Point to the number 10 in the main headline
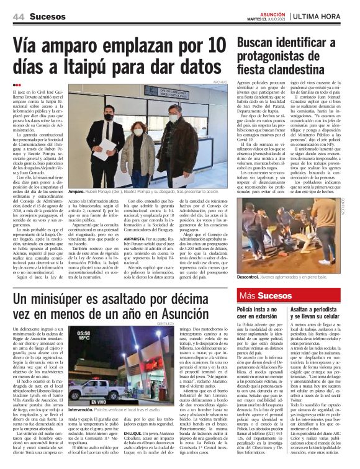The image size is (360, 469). point(212,46)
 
